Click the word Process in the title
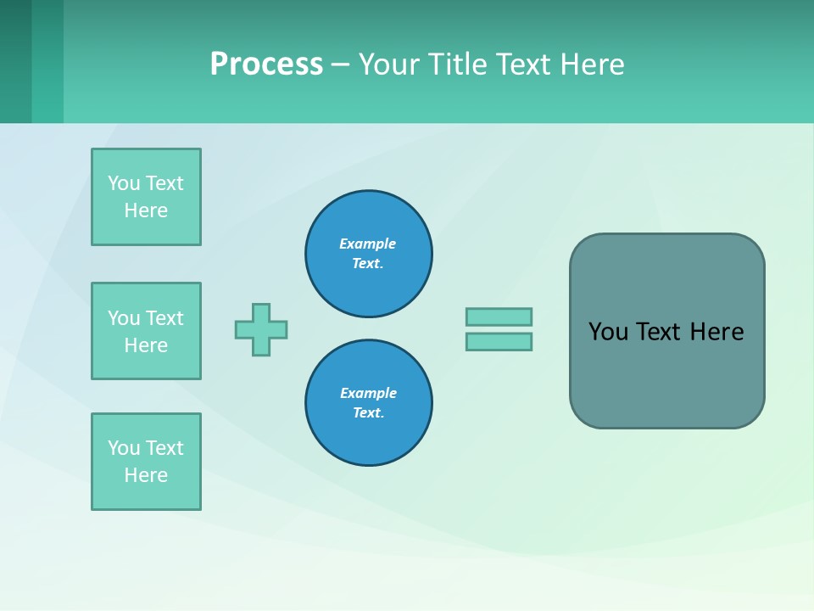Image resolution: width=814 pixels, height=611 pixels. click(x=266, y=64)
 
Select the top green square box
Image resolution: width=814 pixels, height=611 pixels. click(x=146, y=197)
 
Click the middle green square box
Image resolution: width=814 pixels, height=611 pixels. click(x=146, y=331)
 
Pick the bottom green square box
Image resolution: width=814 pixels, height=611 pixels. click(x=146, y=462)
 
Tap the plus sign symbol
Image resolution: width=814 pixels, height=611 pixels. click(x=261, y=329)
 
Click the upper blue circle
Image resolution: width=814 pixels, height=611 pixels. click(x=368, y=254)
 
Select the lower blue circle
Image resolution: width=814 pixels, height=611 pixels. click(x=368, y=403)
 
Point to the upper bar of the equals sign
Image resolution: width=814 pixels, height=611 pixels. click(x=499, y=317)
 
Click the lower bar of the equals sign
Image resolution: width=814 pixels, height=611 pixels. click(x=499, y=342)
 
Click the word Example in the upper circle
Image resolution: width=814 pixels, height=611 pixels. click(x=367, y=244)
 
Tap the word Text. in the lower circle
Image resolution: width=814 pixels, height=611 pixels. click(x=368, y=413)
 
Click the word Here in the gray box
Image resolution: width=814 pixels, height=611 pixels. click(x=716, y=332)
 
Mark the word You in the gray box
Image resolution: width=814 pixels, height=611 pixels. click(x=607, y=332)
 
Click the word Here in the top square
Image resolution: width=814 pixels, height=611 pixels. click(x=146, y=210)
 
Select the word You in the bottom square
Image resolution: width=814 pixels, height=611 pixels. click(x=124, y=448)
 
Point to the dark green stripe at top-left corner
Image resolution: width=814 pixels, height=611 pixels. click(x=15, y=61)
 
